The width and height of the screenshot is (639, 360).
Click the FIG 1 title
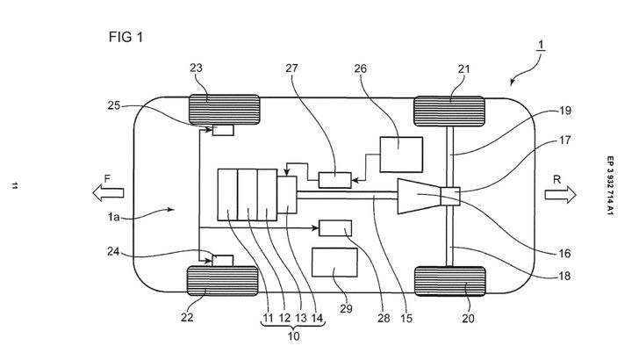126,37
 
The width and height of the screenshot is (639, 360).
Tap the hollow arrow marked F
108,192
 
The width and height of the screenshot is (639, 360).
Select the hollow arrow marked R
561,194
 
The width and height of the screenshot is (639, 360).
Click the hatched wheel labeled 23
224,109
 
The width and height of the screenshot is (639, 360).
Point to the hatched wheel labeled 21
449,112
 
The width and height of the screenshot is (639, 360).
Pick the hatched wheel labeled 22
223,281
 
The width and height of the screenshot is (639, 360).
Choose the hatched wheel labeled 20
450,281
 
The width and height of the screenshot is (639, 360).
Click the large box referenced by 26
401,155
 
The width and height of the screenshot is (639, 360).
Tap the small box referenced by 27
335,180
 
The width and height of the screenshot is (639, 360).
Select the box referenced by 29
334,263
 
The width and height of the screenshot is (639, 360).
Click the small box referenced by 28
335,228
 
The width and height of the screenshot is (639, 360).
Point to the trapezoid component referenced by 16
420,196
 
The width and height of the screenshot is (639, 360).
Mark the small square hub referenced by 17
451,197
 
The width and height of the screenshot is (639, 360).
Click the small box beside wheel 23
223,131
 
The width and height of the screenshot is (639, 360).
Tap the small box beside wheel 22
223,261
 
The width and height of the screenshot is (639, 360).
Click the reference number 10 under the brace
293,336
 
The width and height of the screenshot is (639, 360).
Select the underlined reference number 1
541,45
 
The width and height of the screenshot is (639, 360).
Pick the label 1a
114,217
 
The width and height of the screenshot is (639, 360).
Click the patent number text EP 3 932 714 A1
610,185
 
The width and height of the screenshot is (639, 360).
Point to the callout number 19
564,111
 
